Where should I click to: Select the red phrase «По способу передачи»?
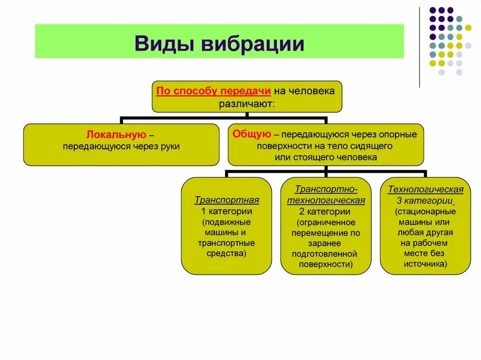coord(213,91)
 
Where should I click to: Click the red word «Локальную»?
coord(116,135)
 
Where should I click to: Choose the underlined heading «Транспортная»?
coord(227,200)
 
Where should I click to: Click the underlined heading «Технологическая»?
coord(426,190)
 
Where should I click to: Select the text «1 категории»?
coord(227,211)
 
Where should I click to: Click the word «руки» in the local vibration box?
coord(171,146)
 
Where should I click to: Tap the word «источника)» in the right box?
coord(426,264)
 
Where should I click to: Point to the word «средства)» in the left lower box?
coord(227,253)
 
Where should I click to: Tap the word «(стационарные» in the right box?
coord(426,211)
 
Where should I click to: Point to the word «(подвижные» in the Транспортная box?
coord(227,222)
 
